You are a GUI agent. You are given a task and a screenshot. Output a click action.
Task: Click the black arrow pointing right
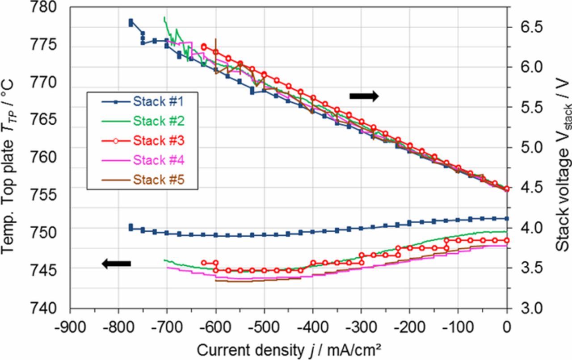pyautogui.click(x=364, y=96)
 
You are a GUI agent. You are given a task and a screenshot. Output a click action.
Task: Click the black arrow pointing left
pyautogui.click(x=117, y=264)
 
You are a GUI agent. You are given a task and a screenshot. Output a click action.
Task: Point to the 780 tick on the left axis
pyautogui.click(x=45, y=7)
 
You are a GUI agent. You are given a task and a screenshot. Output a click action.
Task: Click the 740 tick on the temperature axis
pyautogui.click(x=45, y=308)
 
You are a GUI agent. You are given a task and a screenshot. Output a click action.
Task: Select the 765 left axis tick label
pyautogui.click(x=45, y=120)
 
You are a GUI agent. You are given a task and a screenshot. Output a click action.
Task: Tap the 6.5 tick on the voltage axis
pyautogui.click(x=527, y=27)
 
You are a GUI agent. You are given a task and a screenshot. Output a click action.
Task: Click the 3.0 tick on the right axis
pyautogui.click(x=527, y=308)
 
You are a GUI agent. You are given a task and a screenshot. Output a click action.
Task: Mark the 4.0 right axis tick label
pyautogui.click(x=527, y=227)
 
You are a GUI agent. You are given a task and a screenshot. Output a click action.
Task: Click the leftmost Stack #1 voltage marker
pyautogui.click(x=130, y=22)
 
